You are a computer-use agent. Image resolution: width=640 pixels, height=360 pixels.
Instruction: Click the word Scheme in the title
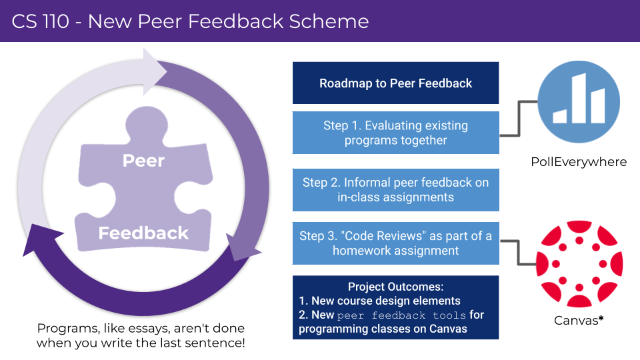coord(329,21)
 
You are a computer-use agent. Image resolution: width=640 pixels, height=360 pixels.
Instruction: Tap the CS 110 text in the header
coord(41,21)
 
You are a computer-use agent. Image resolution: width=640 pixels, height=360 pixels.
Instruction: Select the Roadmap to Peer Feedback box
coord(395,83)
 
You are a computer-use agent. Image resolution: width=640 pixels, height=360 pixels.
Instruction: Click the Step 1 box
coord(395,133)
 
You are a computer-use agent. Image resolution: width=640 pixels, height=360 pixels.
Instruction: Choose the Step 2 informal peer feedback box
coord(395,190)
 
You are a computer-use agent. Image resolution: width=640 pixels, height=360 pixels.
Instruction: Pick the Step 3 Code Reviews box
coord(395,243)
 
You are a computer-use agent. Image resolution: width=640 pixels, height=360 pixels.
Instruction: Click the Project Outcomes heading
coord(395,287)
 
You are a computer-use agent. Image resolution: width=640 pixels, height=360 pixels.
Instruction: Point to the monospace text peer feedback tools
coord(401,315)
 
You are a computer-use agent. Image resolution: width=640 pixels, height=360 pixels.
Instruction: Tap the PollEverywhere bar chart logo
coord(579,102)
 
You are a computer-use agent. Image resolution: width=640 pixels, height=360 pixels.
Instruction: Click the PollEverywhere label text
coord(579,162)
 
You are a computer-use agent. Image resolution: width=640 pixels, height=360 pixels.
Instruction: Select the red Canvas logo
coord(579,264)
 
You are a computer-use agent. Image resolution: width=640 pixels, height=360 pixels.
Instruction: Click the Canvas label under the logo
coord(576,321)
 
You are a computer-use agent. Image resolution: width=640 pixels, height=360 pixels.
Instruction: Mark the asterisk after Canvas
coord(601,318)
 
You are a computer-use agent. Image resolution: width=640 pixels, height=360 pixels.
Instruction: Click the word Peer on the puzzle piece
coord(144,161)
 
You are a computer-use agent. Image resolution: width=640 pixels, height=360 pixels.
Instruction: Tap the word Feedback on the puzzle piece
coord(143,233)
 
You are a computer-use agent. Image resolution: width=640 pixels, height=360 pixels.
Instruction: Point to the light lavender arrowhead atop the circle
coord(154,72)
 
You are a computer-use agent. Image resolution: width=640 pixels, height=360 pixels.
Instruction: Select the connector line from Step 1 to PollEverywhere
coord(519,119)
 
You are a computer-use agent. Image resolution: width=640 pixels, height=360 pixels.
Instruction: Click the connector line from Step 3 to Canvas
coord(519,253)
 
